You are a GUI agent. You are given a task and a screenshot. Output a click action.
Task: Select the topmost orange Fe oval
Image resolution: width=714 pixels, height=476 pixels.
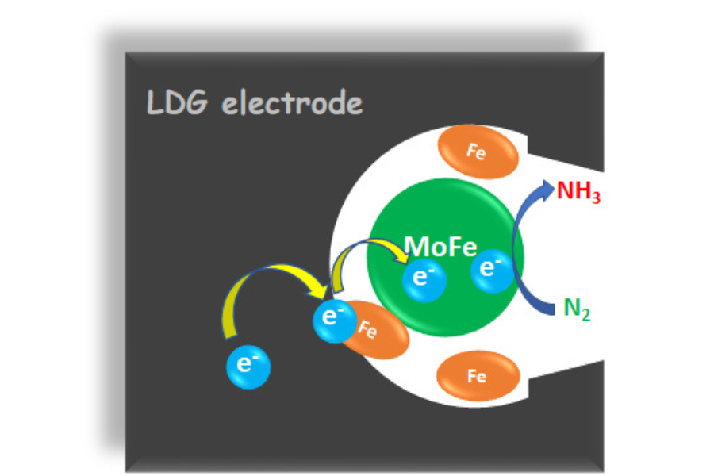click(x=477, y=152)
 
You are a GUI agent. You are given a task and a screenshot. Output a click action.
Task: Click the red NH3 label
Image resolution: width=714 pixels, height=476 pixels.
click(x=578, y=193)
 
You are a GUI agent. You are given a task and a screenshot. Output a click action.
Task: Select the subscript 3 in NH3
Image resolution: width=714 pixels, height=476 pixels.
click(x=594, y=198)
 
